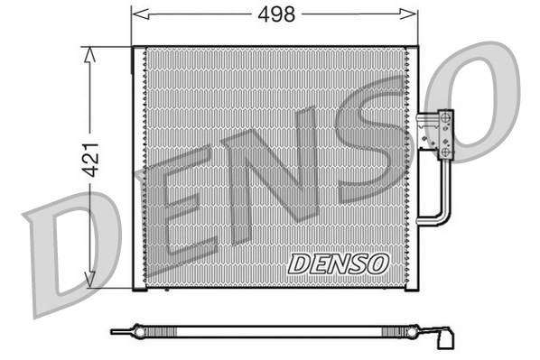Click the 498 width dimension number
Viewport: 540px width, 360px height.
(x=275, y=14)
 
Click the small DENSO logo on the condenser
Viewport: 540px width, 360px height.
(x=339, y=263)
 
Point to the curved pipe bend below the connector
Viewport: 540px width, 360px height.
(x=440, y=217)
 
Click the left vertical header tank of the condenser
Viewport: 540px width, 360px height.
(x=139, y=168)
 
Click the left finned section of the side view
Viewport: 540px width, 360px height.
(x=208, y=331)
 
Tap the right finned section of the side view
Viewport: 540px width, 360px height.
(x=361, y=331)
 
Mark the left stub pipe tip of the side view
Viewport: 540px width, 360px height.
(x=115, y=331)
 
